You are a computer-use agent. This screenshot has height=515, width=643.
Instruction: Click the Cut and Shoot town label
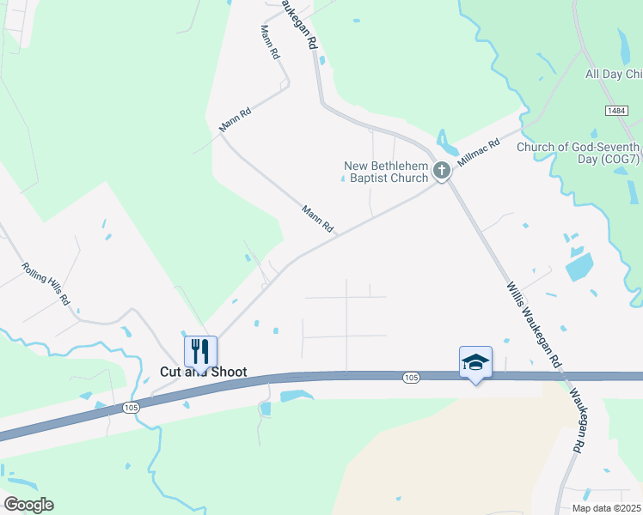coord(204,373)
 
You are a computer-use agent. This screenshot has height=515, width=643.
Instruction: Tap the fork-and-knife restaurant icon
coord(200,350)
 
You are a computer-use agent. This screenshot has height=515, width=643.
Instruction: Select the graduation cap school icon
coord(475,361)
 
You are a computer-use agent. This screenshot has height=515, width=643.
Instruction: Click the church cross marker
coord(442,171)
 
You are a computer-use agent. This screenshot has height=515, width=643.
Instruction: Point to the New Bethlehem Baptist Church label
coord(386,172)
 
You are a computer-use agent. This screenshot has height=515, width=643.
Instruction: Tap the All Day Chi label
coord(614,75)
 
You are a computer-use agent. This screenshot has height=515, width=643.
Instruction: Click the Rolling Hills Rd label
coord(46,285)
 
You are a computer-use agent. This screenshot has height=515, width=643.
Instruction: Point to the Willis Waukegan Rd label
coord(533,323)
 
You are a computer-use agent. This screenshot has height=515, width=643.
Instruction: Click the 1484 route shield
coord(615,112)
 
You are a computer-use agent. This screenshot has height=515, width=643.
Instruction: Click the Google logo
coord(28,505)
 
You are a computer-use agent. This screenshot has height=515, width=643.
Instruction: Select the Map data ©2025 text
coord(606,508)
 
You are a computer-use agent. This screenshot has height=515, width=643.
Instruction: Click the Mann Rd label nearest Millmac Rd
coord(317,219)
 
